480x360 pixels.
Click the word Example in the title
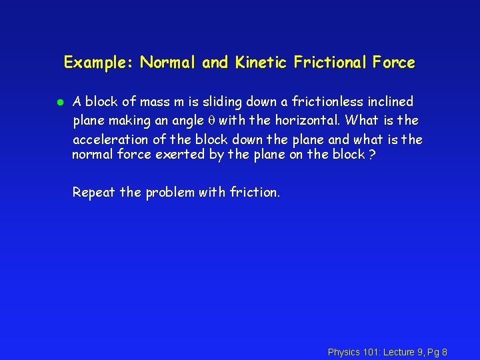pos(97,63)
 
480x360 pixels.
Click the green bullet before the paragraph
pos(59,102)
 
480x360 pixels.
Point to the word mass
pos(155,102)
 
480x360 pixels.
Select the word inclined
pos(389,102)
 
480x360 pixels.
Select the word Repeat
pos(93,193)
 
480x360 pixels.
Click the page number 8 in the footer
pos(444,352)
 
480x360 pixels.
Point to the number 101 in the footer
pos(371,352)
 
